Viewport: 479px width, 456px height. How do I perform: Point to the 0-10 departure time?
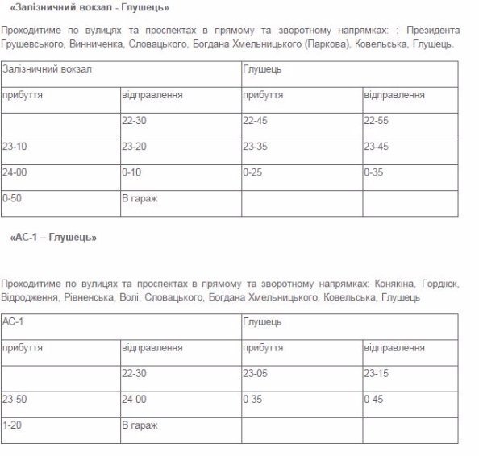(x=131, y=172)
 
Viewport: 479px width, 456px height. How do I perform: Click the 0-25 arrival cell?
(x=252, y=172)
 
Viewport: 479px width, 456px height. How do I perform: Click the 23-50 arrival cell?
(x=14, y=399)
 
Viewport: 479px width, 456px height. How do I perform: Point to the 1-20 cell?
(x=11, y=424)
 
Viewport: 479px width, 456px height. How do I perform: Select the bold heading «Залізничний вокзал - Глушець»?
(x=89, y=8)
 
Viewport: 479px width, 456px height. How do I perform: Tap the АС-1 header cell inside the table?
(x=13, y=322)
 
